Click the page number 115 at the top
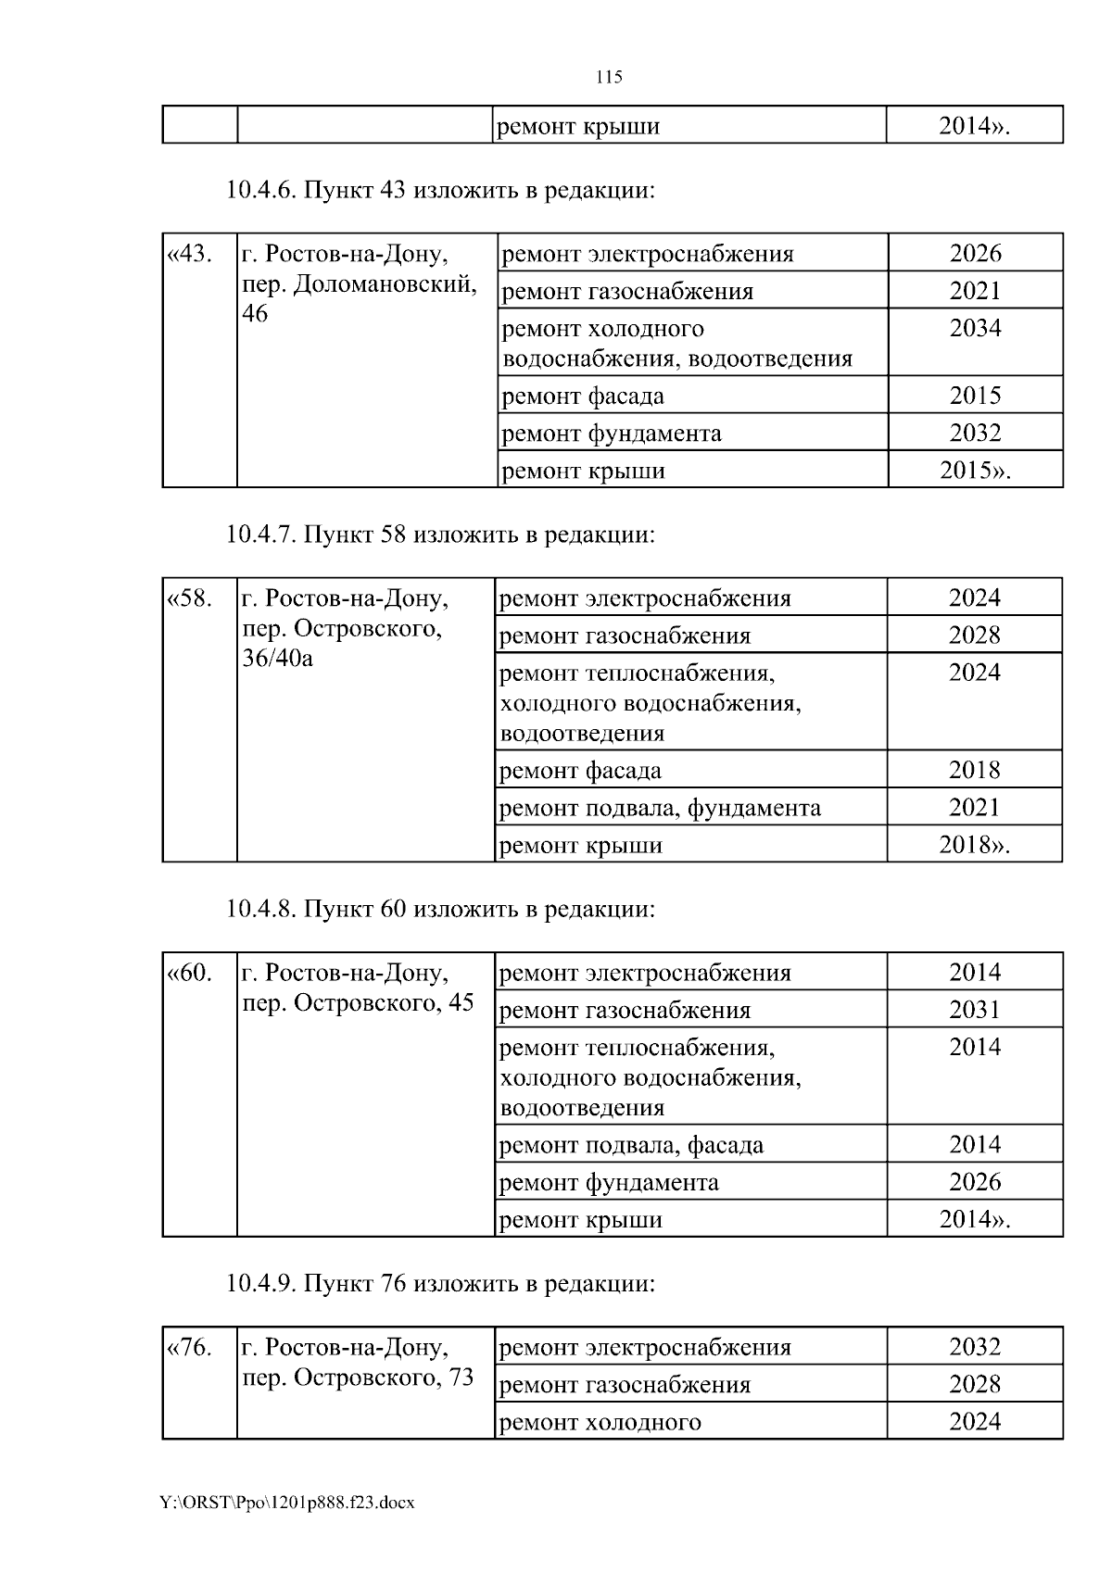pos(609,77)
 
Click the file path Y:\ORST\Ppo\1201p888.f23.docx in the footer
pos(287,1502)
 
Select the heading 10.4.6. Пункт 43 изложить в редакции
pos(440,191)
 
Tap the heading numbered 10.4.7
pos(440,535)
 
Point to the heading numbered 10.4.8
pos(440,909)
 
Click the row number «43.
pos(189,253)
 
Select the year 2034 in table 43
pos(975,328)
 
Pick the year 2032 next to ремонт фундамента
pos(975,433)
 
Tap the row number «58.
pos(189,598)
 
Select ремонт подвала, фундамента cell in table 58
pos(660,808)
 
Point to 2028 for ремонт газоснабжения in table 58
pos(975,635)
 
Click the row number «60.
pos(189,973)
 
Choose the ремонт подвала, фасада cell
pos(631,1145)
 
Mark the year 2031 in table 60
pos(975,1010)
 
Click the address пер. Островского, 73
pos(358,1378)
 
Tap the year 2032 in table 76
pos(975,1347)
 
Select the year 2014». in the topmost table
pos(973,126)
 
